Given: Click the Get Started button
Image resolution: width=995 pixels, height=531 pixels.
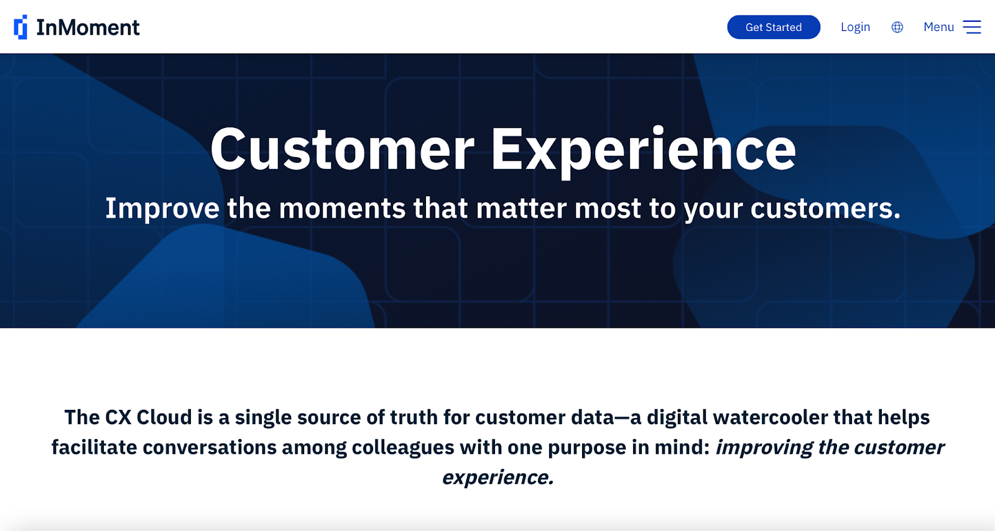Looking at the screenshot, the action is pyautogui.click(x=774, y=27).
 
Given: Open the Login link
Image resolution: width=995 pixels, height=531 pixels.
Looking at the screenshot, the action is pyautogui.click(x=855, y=27).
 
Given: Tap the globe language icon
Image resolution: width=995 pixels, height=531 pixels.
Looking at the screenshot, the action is pyautogui.click(x=897, y=27).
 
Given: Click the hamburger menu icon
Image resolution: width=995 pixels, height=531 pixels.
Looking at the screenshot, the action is pyautogui.click(x=972, y=27).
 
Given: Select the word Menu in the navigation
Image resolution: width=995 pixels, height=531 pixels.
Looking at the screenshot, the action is pyautogui.click(x=938, y=27).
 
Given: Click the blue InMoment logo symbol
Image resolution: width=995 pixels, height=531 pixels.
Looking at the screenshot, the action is pyautogui.click(x=21, y=27).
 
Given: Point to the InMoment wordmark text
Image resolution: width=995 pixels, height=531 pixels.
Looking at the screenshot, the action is pyautogui.click(x=88, y=27).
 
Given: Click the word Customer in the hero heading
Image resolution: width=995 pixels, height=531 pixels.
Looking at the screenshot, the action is pyautogui.click(x=343, y=149).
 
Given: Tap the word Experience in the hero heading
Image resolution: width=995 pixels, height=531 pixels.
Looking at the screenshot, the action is pyautogui.click(x=643, y=152).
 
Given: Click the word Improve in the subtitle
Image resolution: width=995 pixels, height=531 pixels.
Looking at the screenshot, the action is pyautogui.click(x=162, y=208).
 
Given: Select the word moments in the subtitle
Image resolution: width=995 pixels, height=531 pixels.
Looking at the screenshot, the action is pyautogui.click(x=342, y=209).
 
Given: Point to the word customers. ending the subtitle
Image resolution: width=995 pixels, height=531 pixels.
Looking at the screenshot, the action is pyautogui.click(x=825, y=209).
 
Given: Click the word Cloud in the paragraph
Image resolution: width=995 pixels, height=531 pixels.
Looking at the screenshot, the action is pyautogui.click(x=164, y=417).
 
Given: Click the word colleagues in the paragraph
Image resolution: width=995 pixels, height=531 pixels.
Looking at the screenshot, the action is pyautogui.click(x=403, y=448).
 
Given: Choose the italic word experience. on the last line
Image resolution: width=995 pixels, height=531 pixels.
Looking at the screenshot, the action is pyautogui.click(x=498, y=478).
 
